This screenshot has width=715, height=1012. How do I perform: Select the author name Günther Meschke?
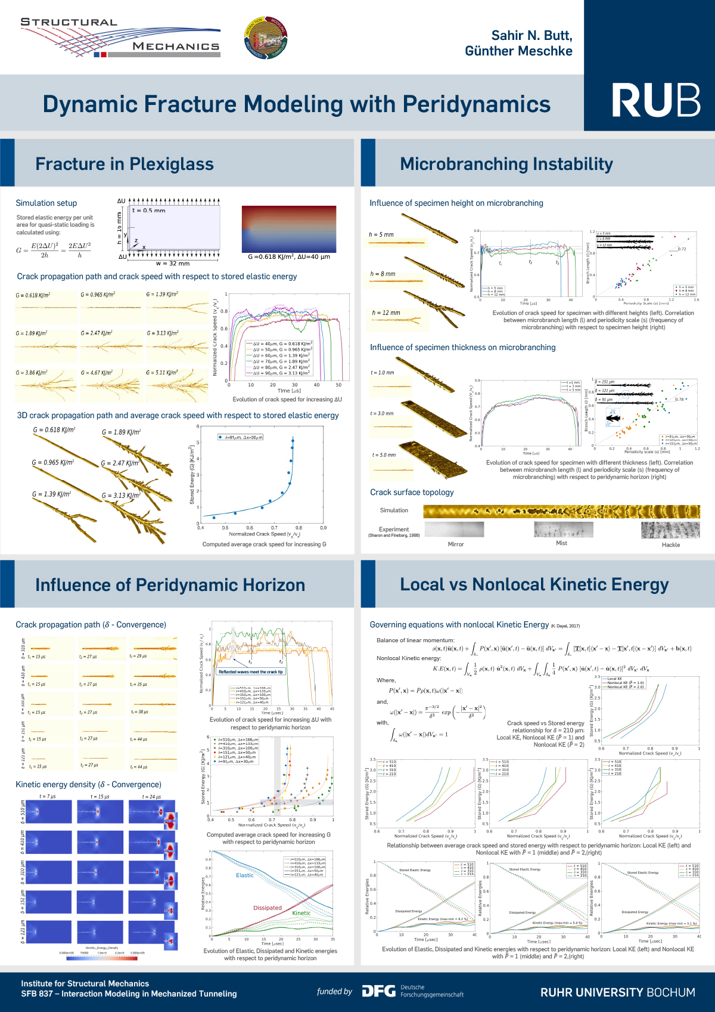click(x=518, y=51)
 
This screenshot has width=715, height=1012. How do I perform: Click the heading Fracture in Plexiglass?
click(x=124, y=164)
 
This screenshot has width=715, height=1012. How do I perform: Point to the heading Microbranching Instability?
click(x=506, y=164)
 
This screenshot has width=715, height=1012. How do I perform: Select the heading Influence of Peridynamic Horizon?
click(x=170, y=585)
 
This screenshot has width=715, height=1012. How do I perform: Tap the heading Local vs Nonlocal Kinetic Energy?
click(x=534, y=584)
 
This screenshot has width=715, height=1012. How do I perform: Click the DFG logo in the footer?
click(x=379, y=991)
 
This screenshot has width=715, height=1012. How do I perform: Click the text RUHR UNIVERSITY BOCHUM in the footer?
click(x=617, y=992)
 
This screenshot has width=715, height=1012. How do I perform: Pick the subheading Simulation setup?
click(x=46, y=203)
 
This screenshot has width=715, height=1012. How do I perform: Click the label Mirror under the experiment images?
click(x=455, y=544)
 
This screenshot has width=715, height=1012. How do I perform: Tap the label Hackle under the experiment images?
click(x=670, y=544)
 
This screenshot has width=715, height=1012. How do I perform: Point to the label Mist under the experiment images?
click(x=561, y=543)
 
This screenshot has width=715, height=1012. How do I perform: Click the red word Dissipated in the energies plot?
click(x=268, y=908)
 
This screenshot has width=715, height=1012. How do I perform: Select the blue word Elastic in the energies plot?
click(x=244, y=875)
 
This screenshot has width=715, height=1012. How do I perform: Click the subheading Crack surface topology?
click(x=412, y=492)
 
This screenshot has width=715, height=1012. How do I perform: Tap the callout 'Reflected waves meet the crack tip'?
click(x=250, y=671)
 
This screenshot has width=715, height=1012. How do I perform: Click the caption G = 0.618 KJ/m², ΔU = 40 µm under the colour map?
click(x=288, y=257)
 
